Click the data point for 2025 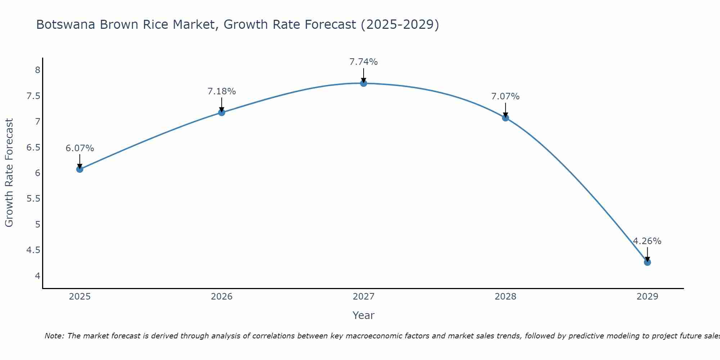point(80,169)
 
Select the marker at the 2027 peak point(364,84)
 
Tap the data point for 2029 point(647,262)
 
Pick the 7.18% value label point(221,91)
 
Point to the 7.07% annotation point(505,96)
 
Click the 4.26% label point(647,241)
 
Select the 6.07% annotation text point(80,148)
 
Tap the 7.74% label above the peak point(364,62)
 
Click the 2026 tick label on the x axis point(221,297)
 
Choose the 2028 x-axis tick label point(505,297)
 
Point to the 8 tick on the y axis point(37,70)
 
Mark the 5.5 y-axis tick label point(33,199)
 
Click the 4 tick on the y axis point(37,276)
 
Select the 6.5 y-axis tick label point(33,147)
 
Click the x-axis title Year point(364,315)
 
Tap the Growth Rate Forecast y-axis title point(9,173)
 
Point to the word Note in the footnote point(54,336)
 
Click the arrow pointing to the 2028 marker point(505,110)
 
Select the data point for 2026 point(221,113)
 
